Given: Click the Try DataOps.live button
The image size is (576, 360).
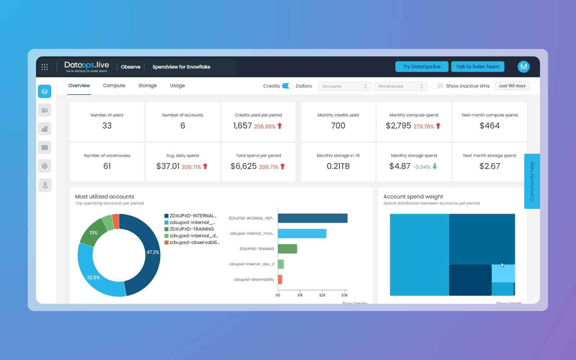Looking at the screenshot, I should click(422, 67).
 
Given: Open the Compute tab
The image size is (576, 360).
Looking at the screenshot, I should click(114, 86).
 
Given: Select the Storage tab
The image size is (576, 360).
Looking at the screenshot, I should click(148, 86).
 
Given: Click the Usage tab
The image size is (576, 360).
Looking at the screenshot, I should click(177, 86).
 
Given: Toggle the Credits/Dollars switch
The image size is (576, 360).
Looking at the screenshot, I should click(288, 86).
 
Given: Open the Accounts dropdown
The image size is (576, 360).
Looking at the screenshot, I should click(345, 86).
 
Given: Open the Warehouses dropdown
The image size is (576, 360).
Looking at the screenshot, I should click(400, 86).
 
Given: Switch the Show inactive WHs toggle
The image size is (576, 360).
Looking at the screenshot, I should click(437, 86).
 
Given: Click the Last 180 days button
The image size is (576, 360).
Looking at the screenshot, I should click(512, 86).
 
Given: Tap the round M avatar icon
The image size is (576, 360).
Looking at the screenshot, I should click(523, 67).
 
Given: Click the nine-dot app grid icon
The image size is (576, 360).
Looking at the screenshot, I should click(45, 67).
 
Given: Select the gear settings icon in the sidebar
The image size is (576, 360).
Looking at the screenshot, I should click(45, 166).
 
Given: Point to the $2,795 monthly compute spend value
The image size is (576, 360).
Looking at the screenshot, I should click(398, 126).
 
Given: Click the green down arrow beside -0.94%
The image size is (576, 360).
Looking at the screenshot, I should click(435, 166).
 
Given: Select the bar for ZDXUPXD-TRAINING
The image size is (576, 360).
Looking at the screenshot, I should click(287, 249).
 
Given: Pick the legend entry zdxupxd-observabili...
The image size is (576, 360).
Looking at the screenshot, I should click(194, 243).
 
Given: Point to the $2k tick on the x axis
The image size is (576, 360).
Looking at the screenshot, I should click(322, 295).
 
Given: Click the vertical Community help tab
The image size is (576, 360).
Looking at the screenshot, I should click(532, 181).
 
